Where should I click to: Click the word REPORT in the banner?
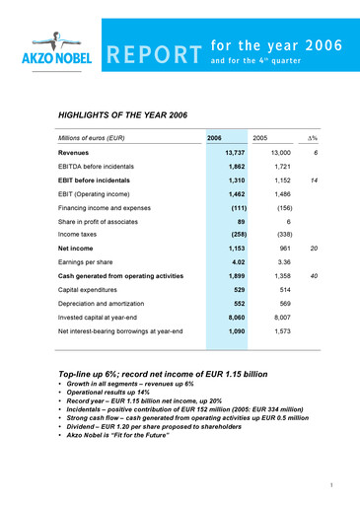(x=151, y=57)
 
